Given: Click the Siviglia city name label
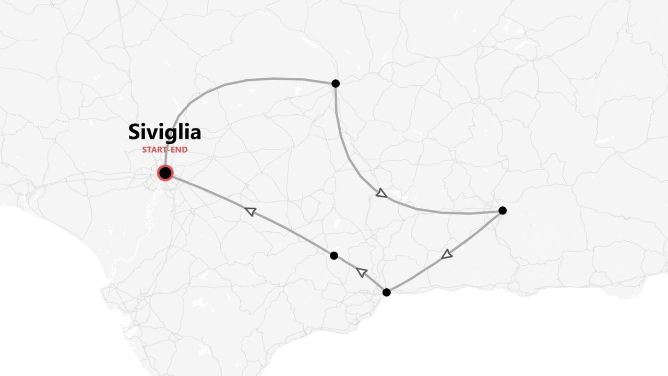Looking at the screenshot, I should pos(164,132).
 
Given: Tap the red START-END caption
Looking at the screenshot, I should pos(164,150).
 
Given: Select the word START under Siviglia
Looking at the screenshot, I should pos(154,150).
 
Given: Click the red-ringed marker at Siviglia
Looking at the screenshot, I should pos(165,173).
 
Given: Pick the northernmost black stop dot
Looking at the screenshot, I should pos(336,84).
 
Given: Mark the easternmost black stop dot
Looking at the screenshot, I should pos(503,210).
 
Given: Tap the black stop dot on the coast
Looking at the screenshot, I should pos(386,292).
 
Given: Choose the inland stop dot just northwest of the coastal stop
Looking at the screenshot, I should pos(334,255).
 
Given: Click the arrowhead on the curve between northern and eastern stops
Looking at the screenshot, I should pos(381,194).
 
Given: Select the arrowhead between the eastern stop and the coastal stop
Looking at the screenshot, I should pos(447,254).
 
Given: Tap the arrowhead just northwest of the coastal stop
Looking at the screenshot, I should pos(362,272).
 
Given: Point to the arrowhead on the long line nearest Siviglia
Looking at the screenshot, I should pos(250,211).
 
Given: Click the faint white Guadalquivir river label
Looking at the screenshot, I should pos(151,211).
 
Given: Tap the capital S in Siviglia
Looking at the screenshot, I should pos(134,132).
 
